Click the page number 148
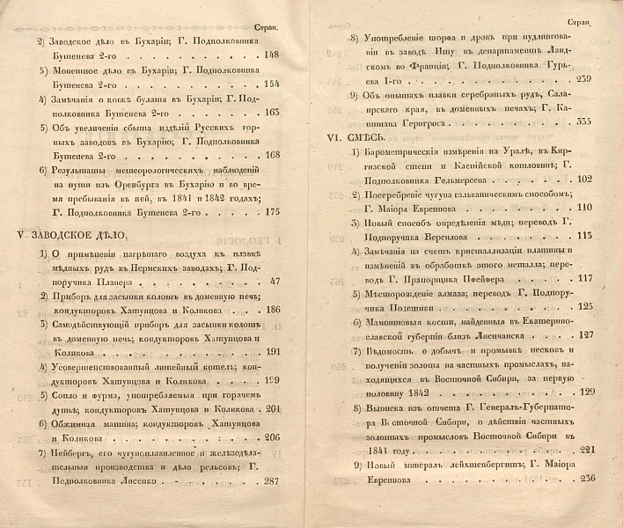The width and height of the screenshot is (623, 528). (270, 54)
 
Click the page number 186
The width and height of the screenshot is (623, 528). (270, 309)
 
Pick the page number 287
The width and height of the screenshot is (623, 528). (270, 506)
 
